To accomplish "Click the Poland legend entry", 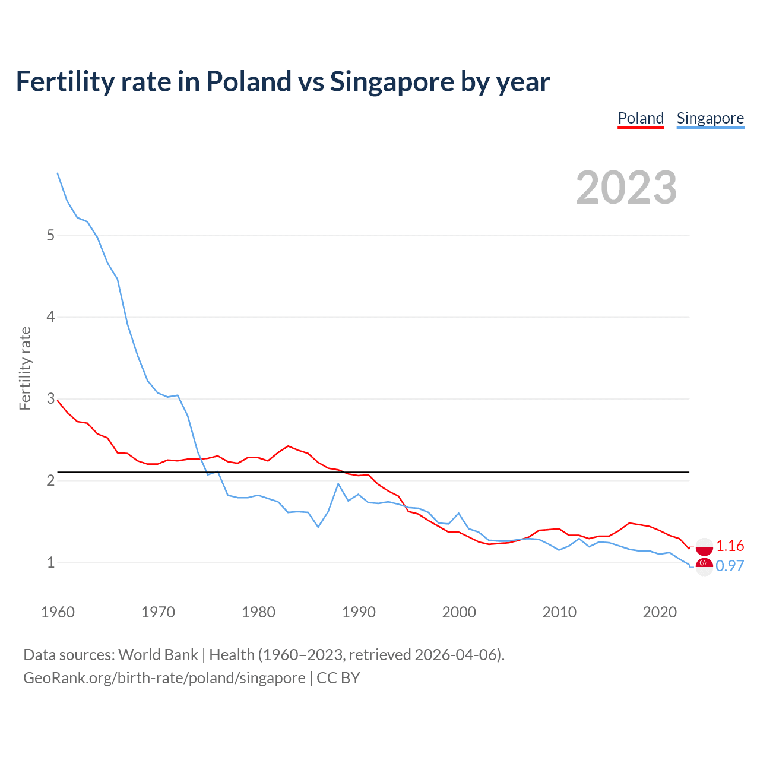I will (x=641, y=118).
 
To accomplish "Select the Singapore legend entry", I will (x=710, y=118).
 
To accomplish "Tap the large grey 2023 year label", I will (x=626, y=188).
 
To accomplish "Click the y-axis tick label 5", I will (x=50, y=235).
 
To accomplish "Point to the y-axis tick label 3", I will (x=50, y=398).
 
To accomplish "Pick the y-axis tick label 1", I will (x=50, y=562).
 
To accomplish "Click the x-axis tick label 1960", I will (x=58, y=612).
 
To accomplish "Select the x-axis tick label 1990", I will (x=359, y=612).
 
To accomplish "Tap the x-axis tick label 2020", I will (x=660, y=612).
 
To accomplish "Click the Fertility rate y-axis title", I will (x=25, y=368).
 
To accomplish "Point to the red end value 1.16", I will (x=730, y=546).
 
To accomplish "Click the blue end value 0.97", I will (x=730, y=566).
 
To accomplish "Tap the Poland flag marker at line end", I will (x=704, y=547).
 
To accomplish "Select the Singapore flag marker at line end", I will (x=704, y=565).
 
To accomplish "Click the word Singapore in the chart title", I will (x=391, y=81).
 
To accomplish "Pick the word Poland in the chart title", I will (x=248, y=81).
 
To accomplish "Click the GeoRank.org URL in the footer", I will (x=164, y=677).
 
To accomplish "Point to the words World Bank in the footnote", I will (x=158, y=654).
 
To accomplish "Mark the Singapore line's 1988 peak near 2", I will (x=338, y=483).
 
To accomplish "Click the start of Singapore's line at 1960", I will (x=58, y=173).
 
